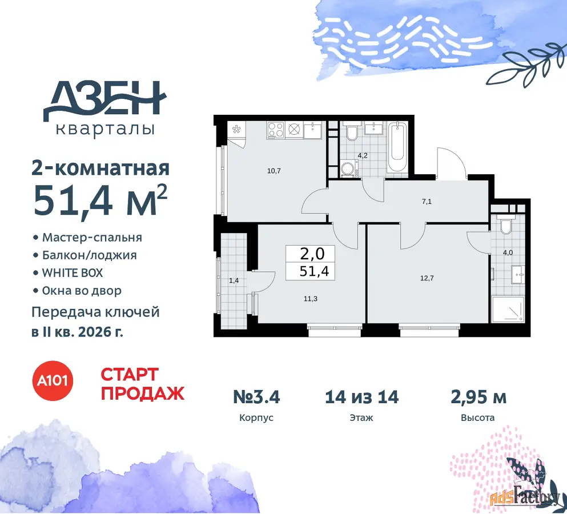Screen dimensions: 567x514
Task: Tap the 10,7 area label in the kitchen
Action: (x=274, y=171)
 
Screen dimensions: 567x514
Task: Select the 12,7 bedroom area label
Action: (x=427, y=278)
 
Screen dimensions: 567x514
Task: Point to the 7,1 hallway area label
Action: (x=427, y=202)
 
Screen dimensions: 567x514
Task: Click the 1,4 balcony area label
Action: (x=234, y=280)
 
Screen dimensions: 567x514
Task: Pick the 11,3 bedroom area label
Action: (x=311, y=299)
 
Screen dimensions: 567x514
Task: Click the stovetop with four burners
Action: (x=276, y=130)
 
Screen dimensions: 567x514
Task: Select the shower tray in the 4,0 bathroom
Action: (x=508, y=309)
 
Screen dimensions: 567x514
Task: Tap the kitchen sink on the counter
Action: (x=313, y=130)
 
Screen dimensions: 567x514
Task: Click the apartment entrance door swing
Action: (x=451, y=163)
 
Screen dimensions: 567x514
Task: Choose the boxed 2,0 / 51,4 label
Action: (x=310, y=263)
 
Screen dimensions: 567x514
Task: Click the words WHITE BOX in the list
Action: (x=73, y=273)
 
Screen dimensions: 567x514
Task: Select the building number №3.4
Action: (x=256, y=397)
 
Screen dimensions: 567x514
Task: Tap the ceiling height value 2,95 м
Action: (x=478, y=397)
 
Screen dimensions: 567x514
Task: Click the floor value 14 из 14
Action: (x=361, y=397)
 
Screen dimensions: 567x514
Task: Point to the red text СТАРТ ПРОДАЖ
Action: (x=143, y=384)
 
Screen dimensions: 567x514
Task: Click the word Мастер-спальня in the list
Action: (x=92, y=238)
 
